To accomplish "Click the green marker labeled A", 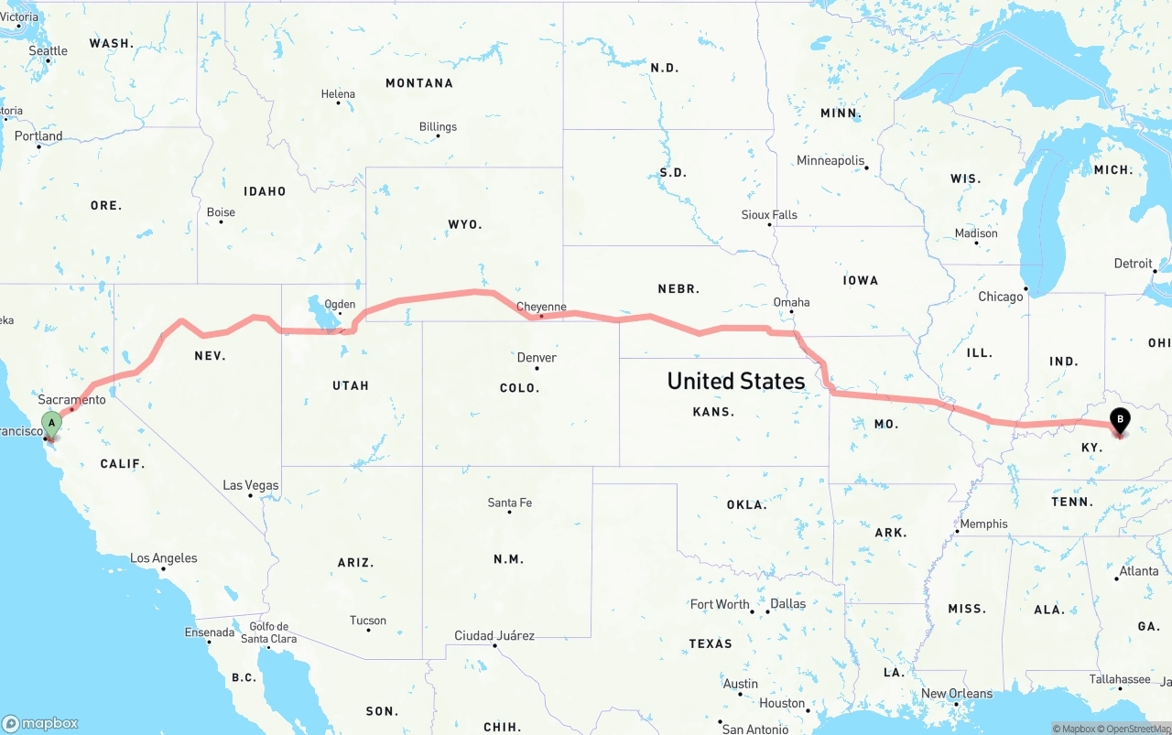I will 52,423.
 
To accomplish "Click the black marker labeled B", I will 1119,420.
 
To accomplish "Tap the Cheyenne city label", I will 541,307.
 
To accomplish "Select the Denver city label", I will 537,357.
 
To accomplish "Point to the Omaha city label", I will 791,302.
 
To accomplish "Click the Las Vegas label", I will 251,485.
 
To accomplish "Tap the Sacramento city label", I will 71,400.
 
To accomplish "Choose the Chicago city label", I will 1000,297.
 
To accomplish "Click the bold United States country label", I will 736,381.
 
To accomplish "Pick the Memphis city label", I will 983,524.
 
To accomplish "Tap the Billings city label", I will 438,126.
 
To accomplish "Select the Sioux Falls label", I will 769,214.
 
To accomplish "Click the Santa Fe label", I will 509,503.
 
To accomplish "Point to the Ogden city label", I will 340,304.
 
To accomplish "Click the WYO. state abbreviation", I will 465,224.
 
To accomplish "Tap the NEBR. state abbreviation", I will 678,288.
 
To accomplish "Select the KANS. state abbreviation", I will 713,412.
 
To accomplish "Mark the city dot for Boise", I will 221,222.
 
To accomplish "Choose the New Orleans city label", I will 956,694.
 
